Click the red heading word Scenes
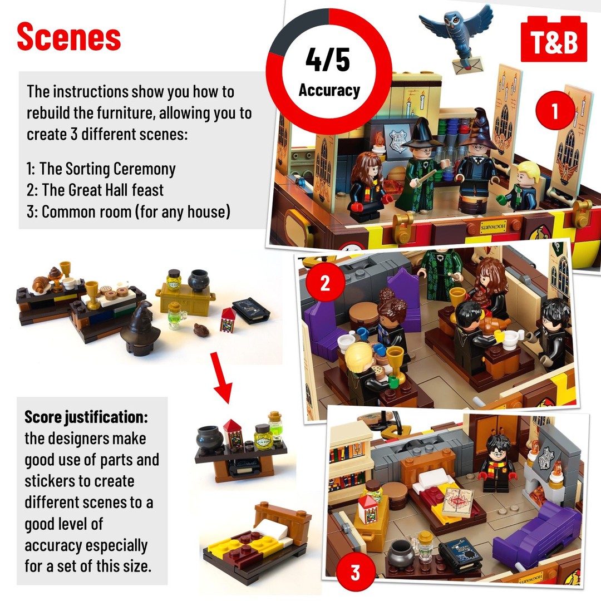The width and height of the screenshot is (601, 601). point(69,36)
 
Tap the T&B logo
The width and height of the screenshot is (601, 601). point(554,39)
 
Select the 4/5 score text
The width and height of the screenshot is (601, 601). point(328,60)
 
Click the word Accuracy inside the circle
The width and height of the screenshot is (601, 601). point(329,91)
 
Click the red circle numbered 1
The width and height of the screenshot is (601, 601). point(555,110)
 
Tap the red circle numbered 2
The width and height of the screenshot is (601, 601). point(325,283)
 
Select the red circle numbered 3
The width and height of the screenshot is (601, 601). point(355,572)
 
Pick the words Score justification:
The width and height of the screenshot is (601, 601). point(86,417)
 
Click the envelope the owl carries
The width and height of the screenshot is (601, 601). point(467,65)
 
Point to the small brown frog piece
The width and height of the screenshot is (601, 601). point(201,329)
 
